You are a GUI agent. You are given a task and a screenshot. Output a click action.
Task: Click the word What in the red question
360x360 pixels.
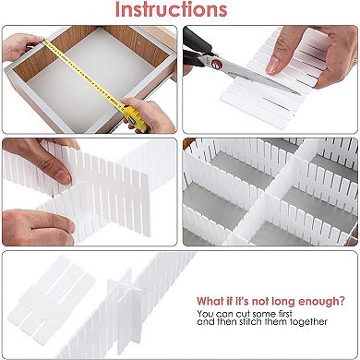[x=209, y=300]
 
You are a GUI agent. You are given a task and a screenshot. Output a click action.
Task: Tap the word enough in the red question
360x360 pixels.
[x=323, y=300]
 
